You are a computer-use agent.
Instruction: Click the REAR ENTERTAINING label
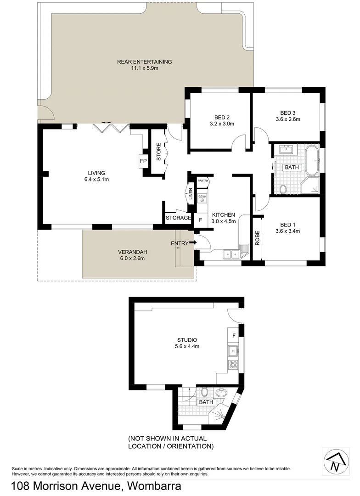(144, 62)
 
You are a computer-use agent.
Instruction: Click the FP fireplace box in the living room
(143, 161)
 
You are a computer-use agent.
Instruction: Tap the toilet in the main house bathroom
(283, 188)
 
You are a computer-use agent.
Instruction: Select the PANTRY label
(203, 180)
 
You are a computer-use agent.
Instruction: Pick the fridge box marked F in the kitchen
(201, 220)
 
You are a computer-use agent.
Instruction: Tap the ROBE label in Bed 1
(258, 237)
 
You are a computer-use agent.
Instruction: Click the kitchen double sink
(231, 253)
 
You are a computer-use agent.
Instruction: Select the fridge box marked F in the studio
(234, 336)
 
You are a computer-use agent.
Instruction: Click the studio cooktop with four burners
(233, 366)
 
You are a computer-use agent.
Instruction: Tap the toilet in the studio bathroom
(204, 392)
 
